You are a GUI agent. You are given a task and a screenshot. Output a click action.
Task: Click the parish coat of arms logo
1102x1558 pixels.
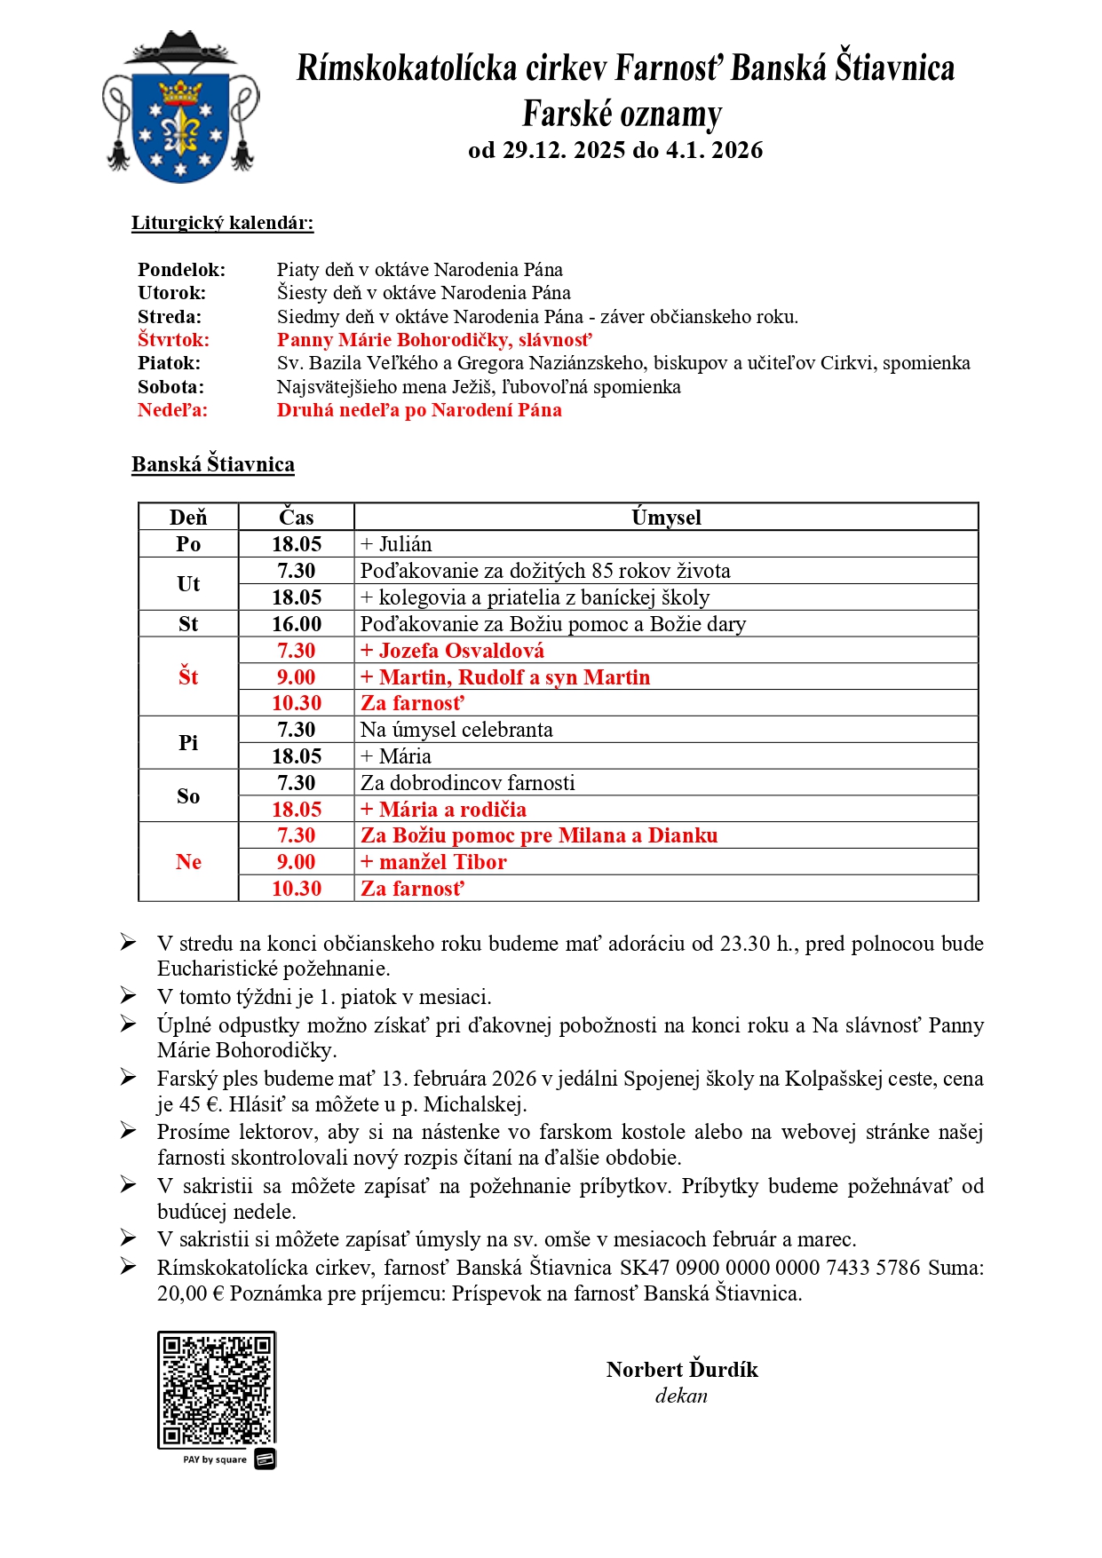coord(181,108)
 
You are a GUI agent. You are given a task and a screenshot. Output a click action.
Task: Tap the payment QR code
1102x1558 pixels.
coord(216,1389)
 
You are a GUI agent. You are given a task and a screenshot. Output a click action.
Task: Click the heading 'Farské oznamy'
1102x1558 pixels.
coord(622,115)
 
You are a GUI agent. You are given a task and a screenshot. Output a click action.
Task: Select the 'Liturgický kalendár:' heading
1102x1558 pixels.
coord(222,223)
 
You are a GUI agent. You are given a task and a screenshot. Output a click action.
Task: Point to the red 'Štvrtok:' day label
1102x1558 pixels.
coord(173,340)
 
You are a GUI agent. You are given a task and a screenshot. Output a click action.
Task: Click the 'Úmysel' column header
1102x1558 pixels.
coord(666,518)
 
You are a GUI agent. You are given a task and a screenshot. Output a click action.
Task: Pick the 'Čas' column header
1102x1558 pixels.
coord(296,518)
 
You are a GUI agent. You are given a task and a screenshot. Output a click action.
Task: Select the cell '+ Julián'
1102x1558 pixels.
coord(396,544)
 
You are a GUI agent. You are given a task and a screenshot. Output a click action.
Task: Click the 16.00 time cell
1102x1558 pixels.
coord(296,624)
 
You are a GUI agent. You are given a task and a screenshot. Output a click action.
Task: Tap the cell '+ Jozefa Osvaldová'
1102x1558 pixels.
coord(452,651)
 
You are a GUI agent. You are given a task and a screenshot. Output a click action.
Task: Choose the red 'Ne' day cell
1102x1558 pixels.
coord(188,862)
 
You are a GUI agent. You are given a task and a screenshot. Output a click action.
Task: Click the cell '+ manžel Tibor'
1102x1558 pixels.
coord(433,862)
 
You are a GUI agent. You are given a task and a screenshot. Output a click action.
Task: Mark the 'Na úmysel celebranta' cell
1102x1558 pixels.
coord(456,730)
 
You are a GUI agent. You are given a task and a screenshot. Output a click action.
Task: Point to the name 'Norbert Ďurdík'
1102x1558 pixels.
coord(682,1370)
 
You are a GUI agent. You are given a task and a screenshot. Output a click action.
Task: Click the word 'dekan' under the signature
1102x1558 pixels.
coord(681,1396)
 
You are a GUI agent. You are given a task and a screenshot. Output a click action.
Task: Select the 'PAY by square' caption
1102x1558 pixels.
coord(215,1459)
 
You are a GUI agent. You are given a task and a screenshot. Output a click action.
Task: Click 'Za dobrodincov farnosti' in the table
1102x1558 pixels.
coord(467,783)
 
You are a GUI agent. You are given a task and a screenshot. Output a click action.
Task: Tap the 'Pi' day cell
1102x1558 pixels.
coord(188,743)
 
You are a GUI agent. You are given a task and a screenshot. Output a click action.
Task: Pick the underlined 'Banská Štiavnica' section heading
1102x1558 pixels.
coord(213,464)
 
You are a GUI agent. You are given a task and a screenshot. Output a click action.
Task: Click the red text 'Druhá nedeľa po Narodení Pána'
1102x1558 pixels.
coord(419,410)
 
